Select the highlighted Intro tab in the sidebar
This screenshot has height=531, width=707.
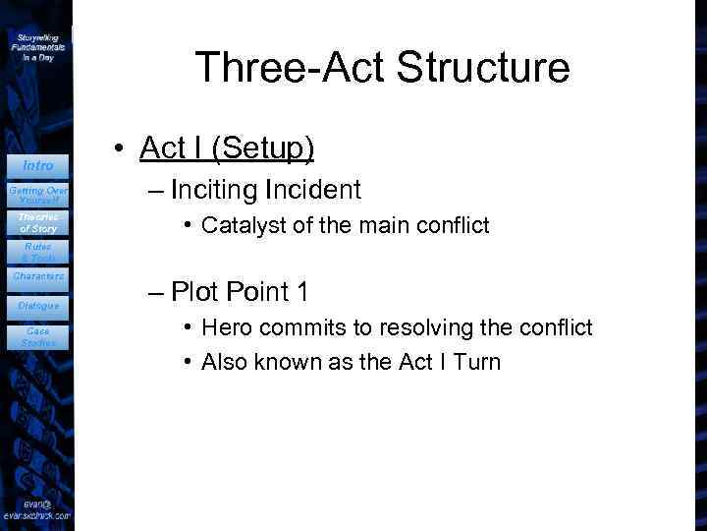[38, 165]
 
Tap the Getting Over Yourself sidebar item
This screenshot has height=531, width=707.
[38, 195]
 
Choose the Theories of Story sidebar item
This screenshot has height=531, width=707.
[38, 223]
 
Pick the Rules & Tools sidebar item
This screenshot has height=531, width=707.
[38, 253]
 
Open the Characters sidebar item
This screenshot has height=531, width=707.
[38, 276]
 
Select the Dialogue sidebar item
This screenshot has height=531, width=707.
[38, 306]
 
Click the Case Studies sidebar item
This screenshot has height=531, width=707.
[38, 337]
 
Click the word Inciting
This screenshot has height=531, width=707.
[214, 189]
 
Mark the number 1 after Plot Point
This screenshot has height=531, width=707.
[302, 291]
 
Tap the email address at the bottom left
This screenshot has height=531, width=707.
[36, 508]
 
